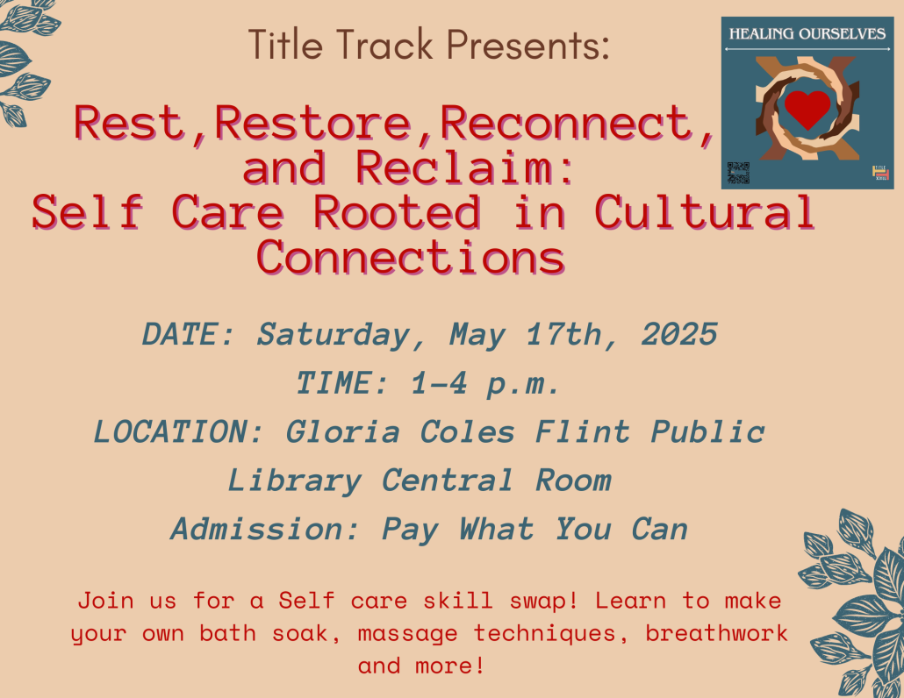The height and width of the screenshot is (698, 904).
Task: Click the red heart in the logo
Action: pos(807,108)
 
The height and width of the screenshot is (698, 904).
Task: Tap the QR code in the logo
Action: pos(738,173)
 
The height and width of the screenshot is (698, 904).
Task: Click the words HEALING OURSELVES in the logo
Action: pos(807,34)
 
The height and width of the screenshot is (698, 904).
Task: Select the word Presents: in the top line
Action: pos(528,46)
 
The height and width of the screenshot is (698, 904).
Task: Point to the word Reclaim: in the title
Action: pos(464,167)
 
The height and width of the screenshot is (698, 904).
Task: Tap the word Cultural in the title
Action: pos(705,212)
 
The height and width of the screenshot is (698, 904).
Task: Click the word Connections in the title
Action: pos(411,257)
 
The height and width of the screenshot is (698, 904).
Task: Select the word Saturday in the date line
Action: pos(333,335)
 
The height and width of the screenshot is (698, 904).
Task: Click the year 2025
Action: pos(679,334)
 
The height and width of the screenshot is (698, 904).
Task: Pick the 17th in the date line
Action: pos(563,334)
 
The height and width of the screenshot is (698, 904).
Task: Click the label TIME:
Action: pos(342,383)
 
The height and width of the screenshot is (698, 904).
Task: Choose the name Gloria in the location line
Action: pos(342,431)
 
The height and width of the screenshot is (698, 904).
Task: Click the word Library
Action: pos(295,481)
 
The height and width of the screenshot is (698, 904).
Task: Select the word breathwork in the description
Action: pos(716,633)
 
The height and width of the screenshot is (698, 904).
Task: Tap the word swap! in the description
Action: pos(543,602)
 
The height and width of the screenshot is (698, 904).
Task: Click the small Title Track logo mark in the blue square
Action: pos(880,173)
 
